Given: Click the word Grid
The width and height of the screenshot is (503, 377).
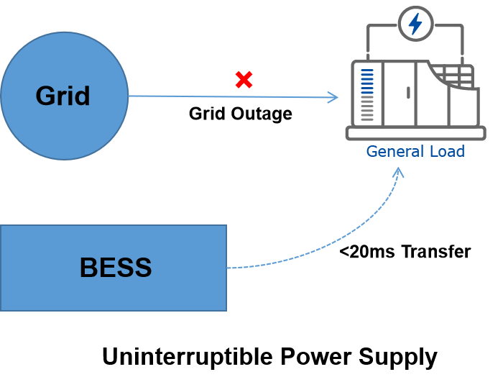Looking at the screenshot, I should click(63, 96).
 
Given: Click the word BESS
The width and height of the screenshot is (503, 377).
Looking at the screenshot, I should click(116, 268).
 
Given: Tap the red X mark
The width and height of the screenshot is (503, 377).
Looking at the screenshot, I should click(244, 80).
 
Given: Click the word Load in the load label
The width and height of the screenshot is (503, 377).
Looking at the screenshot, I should click(446, 151).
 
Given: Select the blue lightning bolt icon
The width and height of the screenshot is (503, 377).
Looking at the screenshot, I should click(415, 23).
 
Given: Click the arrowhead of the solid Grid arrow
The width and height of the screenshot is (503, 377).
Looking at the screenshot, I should click(333, 97).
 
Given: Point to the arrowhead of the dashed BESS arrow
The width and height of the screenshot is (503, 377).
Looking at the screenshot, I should click(399, 173).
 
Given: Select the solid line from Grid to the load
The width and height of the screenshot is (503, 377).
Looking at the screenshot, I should click(216, 96).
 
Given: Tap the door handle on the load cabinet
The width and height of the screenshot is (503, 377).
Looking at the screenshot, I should click(408, 92).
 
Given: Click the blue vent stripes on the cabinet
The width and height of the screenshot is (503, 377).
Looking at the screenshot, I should click(367, 83).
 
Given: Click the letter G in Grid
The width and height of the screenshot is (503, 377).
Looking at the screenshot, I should click(45, 96).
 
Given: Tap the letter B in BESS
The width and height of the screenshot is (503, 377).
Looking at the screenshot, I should click(88, 268).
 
